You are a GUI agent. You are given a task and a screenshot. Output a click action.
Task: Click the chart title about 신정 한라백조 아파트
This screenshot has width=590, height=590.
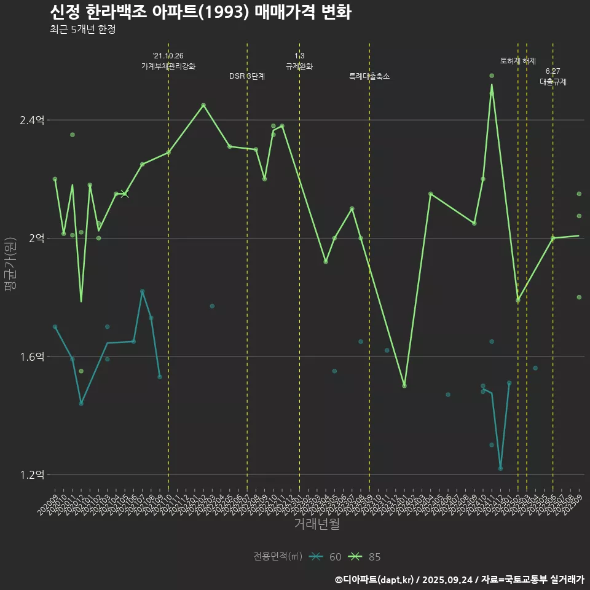[200, 12]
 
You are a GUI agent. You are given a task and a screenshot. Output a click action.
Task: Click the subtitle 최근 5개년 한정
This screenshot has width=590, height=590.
[82, 29]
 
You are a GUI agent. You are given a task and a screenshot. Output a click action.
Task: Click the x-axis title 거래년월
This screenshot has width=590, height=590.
[317, 524]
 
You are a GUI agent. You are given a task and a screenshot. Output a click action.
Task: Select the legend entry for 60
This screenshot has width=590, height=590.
[326, 557]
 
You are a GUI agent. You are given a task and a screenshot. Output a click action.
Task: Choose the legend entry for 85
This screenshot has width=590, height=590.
[365, 557]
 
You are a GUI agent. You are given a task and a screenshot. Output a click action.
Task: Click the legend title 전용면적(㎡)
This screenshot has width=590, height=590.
[278, 557]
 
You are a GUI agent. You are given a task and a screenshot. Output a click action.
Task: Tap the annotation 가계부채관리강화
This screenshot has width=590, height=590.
[168, 66]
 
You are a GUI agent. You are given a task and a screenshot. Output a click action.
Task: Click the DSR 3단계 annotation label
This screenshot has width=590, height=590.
[247, 77]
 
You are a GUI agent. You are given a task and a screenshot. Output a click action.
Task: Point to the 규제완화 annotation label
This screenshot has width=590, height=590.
[299, 66]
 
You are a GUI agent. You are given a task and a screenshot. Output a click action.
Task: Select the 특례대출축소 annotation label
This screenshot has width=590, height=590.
[369, 77]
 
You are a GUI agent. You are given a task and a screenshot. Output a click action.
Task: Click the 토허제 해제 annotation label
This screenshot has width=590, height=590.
[518, 61]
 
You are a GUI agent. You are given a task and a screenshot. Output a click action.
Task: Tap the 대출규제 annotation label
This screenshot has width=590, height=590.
[553, 81]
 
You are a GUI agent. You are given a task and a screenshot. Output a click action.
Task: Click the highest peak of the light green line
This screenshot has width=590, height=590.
[492, 85]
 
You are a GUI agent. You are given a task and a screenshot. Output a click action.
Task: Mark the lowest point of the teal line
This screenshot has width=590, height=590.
[500, 468]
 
